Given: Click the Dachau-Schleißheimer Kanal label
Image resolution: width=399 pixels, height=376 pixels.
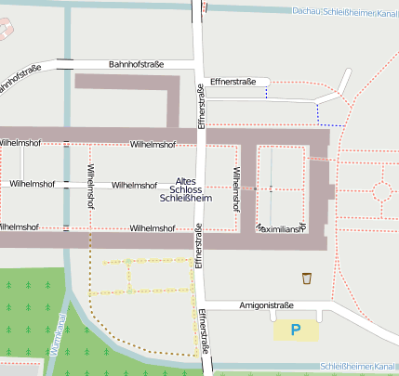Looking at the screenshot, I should pos(344,11).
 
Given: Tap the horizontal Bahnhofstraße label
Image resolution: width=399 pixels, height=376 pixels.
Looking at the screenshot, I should pos(136,64).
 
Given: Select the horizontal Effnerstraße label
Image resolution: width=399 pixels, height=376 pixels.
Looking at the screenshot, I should pos(233,82).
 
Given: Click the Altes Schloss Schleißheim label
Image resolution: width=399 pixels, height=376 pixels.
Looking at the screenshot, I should pos(185,189).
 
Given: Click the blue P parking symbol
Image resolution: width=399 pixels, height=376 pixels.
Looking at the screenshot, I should pos(296,330).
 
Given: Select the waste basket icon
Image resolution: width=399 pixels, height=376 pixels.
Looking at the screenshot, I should pos(307,278).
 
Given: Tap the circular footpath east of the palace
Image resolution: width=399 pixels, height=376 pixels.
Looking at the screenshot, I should pos(381,191).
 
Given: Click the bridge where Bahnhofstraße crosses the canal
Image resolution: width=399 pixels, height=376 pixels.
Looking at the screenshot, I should pos(65,64).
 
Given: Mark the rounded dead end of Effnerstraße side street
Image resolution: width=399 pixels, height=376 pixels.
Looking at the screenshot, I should pos(268,82).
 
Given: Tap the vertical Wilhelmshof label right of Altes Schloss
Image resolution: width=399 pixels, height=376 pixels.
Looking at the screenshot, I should pos(237,186).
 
